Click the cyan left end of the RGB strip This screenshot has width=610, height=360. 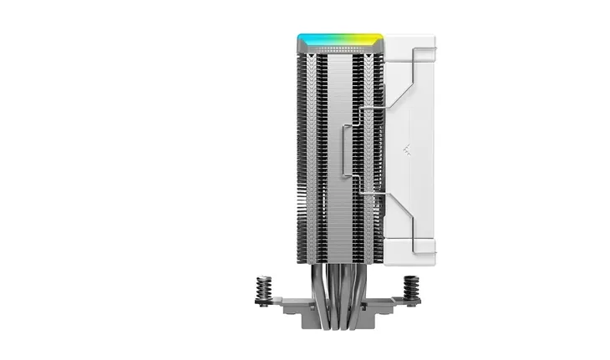coord(304,39)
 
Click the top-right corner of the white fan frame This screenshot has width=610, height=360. coord(430,40)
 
